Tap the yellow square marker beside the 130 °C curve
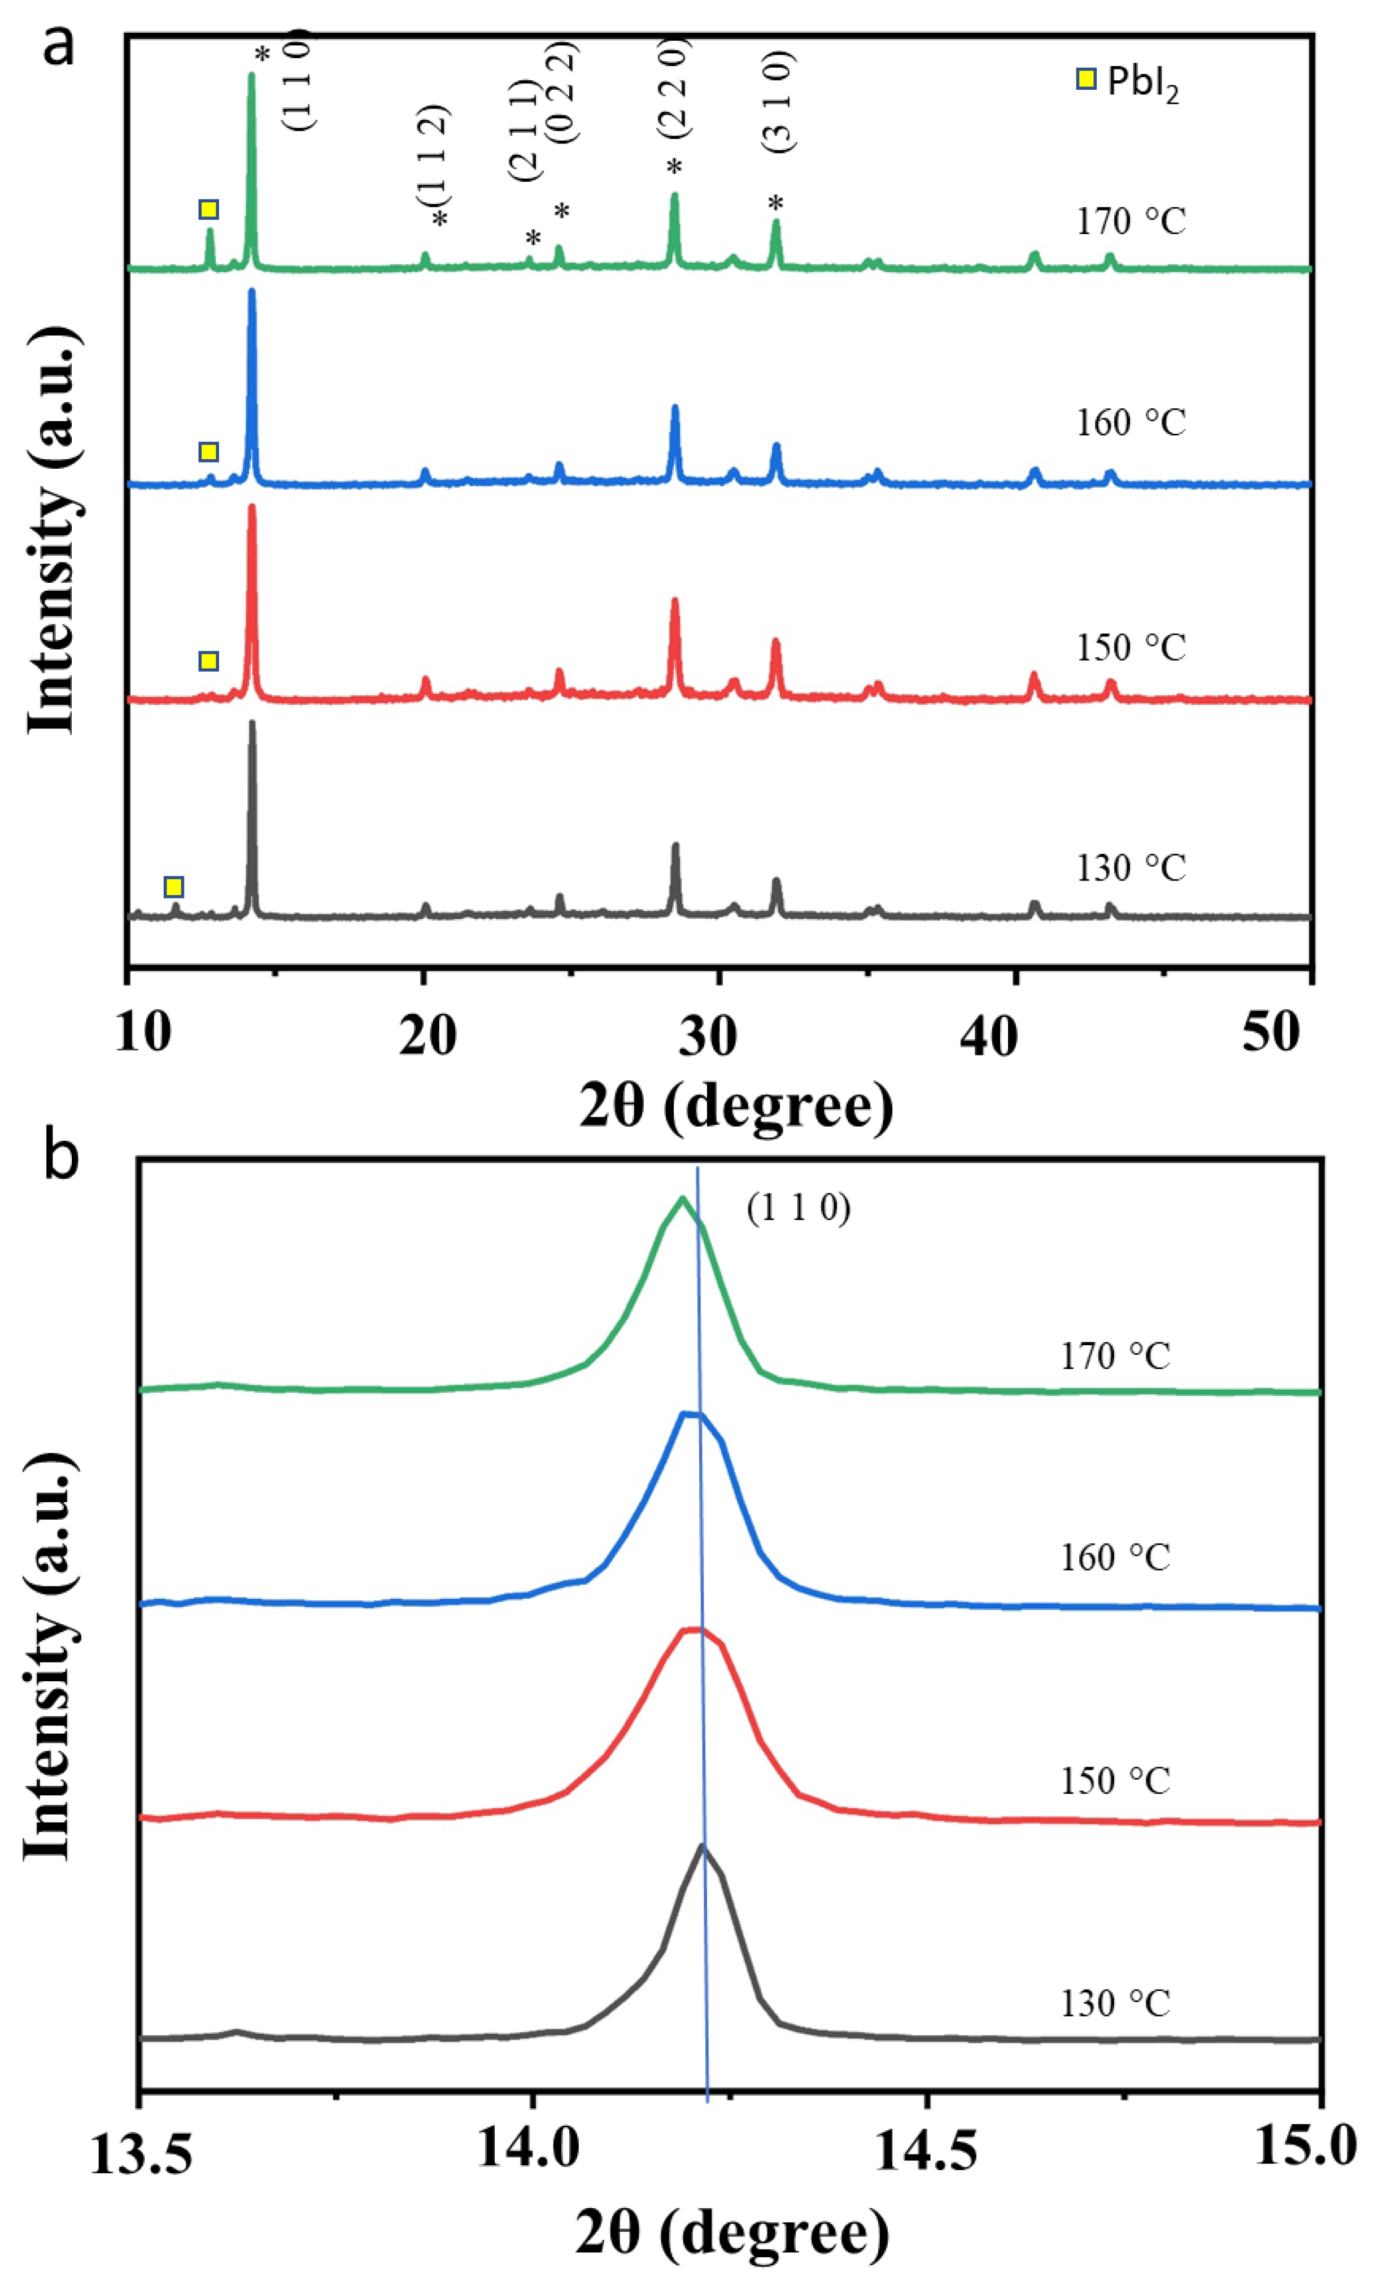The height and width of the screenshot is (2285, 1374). (173, 887)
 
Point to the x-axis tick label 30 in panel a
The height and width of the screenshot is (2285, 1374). (708, 1036)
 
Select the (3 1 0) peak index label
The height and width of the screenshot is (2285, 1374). (778, 101)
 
